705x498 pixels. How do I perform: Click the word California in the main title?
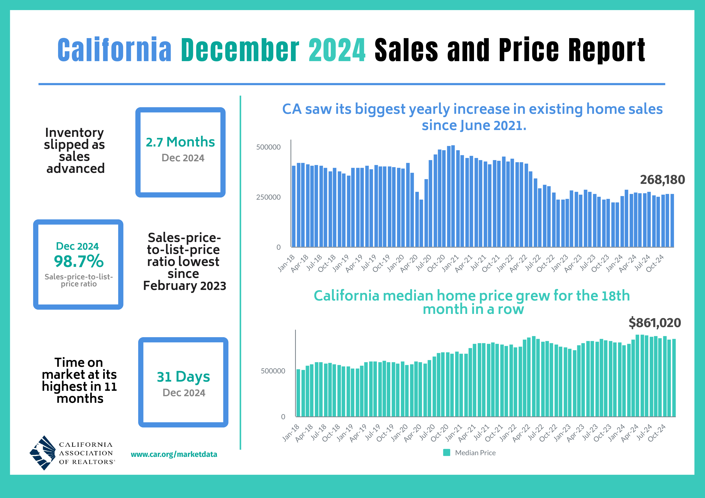[114, 50]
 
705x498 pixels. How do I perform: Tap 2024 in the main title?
[337, 50]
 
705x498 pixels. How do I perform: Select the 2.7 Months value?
[180, 142]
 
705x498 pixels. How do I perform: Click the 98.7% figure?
[78, 261]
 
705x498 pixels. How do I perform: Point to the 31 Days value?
[183, 377]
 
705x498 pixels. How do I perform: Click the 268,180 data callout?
[662, 180]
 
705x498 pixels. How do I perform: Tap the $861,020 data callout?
[655, 323]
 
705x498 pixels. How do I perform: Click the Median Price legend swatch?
[447, 453]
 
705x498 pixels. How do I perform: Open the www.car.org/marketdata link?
[174, 454]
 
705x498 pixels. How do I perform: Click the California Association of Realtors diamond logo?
[43, 453]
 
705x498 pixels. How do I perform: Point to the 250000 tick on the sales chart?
[268, 197]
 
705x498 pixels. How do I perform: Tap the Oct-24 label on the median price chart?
[657, 433]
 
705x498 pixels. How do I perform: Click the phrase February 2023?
[184, 286]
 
